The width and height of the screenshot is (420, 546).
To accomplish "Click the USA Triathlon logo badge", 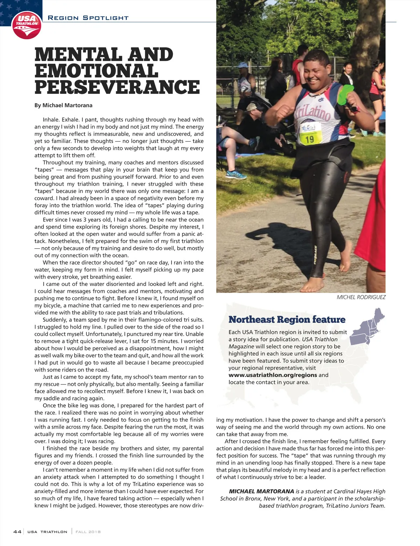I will click(27, 26).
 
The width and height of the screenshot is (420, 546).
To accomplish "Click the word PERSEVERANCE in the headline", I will click(117, 87).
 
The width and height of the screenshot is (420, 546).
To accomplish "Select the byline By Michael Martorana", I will click(63, 105).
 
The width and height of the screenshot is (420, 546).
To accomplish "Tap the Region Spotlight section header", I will click(88, 18).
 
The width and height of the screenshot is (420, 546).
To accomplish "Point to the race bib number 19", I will click(309, 139).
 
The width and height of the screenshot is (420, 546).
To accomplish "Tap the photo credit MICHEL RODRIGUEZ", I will click(361, 297).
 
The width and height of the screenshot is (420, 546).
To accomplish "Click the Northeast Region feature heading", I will click(287, 320).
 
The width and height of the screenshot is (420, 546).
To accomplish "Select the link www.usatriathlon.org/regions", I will click(273, 375).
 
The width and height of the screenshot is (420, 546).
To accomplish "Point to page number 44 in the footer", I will click(17, 532).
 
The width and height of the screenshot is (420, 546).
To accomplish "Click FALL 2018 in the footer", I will click(88, 532).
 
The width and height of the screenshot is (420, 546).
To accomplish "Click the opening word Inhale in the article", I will click(51, 120).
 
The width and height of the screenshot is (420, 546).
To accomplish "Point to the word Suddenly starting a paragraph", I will click(55, 320).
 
